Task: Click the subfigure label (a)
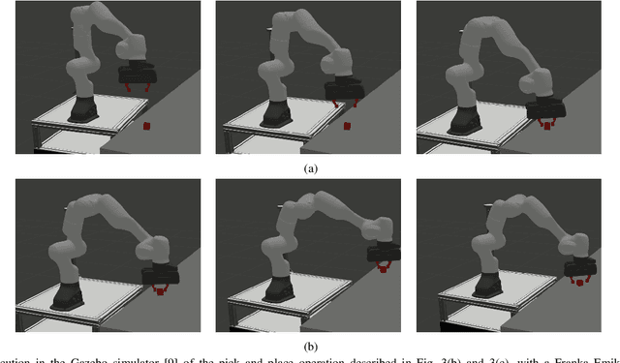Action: coord(310,167)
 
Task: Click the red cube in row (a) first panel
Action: coord(145,126)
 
